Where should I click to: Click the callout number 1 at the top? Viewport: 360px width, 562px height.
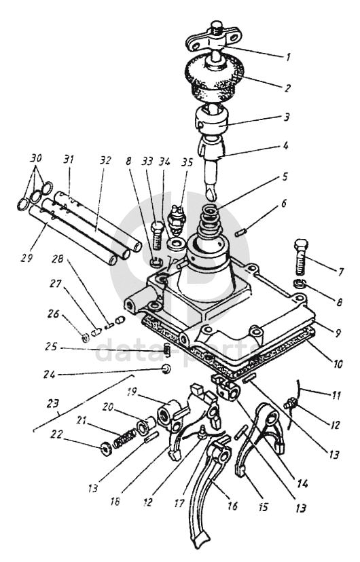click(x=287, y=57)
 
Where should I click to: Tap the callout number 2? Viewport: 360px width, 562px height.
click(x=287, y=88)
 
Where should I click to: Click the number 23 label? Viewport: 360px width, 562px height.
click(x=53, y=404)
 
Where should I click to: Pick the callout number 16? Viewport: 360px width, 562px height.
click(x=232, y=506)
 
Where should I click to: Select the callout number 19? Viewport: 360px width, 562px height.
click(x=132, y=392)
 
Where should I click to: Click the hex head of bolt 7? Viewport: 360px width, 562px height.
click(x=301, y=246)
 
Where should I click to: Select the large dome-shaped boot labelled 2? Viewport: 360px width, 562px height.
click(x=214, y=81)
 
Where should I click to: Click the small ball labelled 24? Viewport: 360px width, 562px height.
click(x=166, y=369)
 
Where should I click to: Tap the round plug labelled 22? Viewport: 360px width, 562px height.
click(x=106, y=449)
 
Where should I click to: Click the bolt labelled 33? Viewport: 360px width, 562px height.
click(x=157, y=235)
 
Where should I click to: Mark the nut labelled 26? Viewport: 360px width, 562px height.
click(x=86, y=337)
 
